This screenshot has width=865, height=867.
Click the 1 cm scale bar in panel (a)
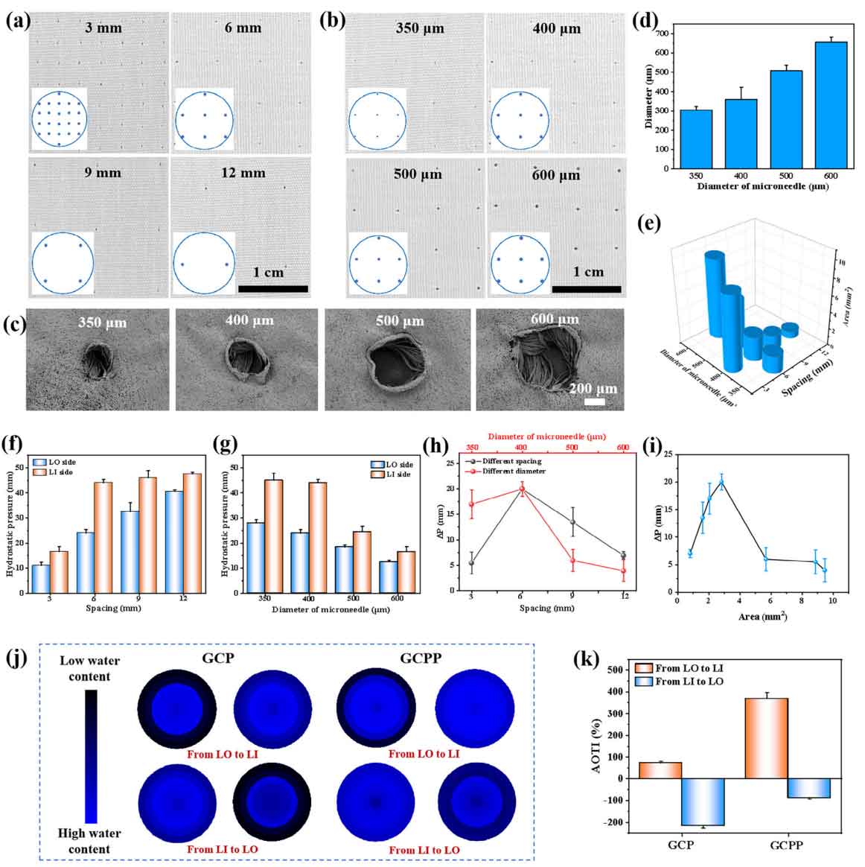[x=273, y=288]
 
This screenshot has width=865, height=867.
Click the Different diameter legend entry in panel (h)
[x=507, y=471]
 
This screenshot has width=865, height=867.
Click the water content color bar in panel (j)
[x=91, y=755]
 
